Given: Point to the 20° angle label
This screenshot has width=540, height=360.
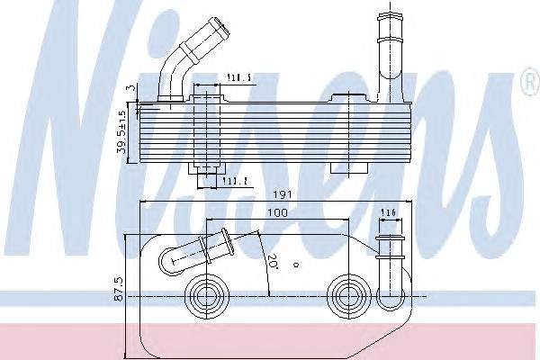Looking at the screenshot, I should click(272, 264).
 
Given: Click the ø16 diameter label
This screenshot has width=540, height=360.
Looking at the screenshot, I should click(389, 212).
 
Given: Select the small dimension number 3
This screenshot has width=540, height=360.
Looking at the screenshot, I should click(130, 86).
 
